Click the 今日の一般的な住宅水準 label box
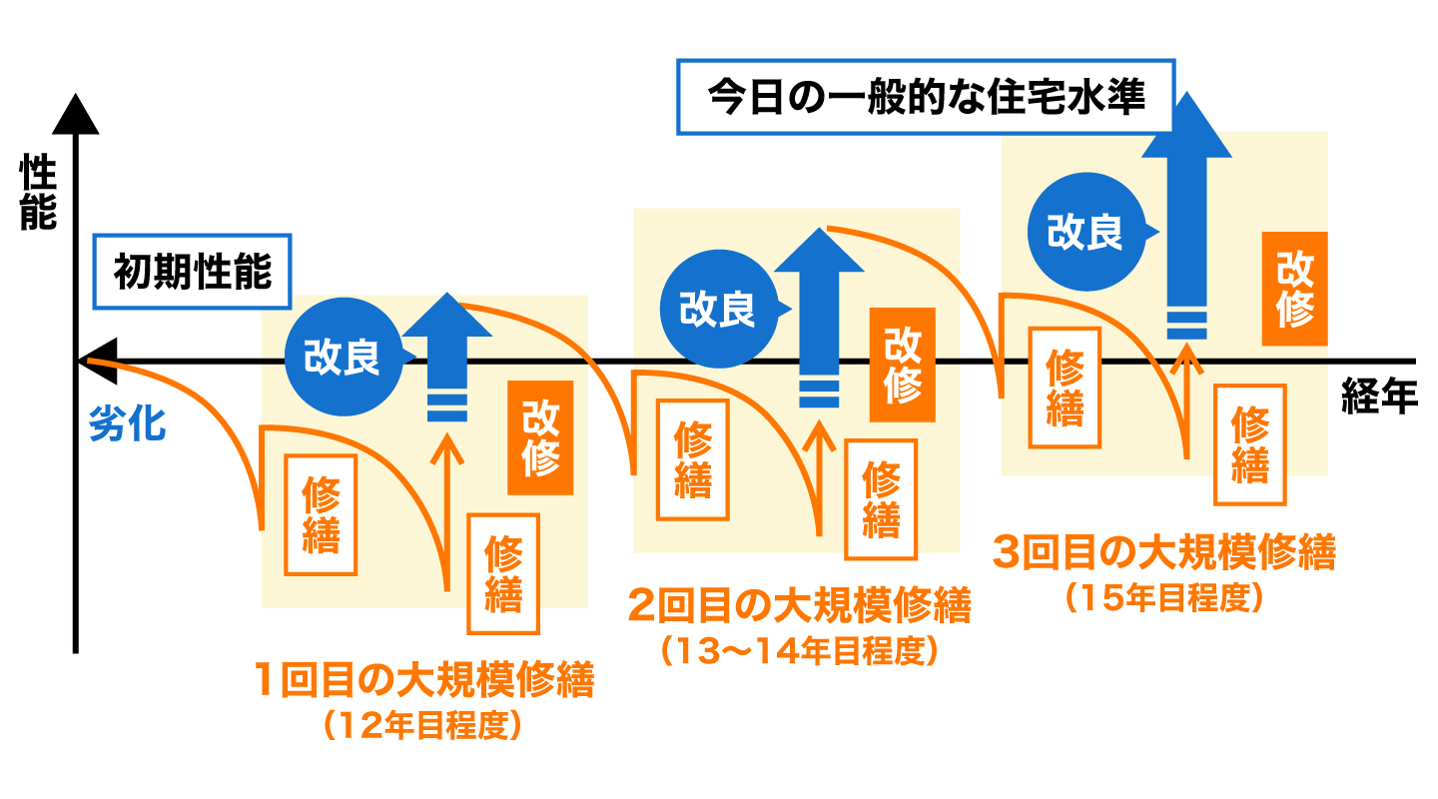927,97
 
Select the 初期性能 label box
192,271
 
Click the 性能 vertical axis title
39,192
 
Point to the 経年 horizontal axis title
1379,398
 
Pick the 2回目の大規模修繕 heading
799,605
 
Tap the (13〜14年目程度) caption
799,651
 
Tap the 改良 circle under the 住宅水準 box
1084,231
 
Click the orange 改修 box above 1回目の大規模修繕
540,437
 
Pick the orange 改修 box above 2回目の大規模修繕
903,365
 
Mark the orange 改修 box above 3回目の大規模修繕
1294,289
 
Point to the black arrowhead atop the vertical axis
75,112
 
